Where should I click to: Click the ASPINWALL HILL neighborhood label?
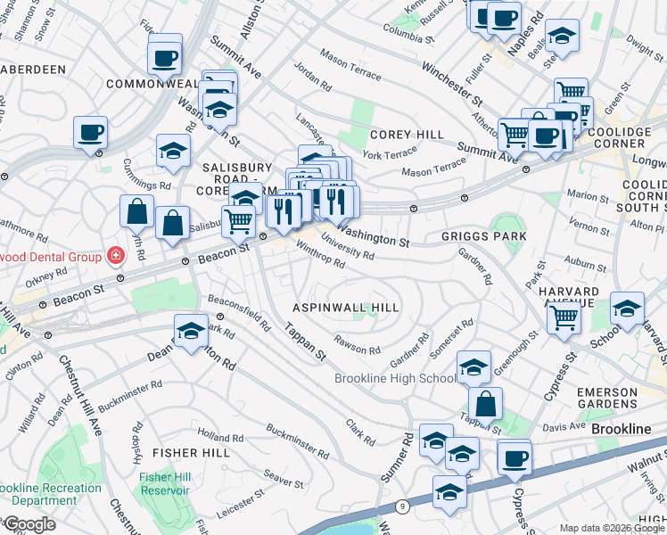click(346, 307)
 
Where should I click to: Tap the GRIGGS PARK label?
click(483, 236)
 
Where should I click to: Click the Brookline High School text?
click(395, 378)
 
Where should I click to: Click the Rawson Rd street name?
click(357, 343)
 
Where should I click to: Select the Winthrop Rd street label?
click(319, 256)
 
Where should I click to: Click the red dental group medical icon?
click(115, 257)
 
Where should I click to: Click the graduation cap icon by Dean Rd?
click(191, 333)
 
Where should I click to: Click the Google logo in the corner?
click(29, 524)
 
